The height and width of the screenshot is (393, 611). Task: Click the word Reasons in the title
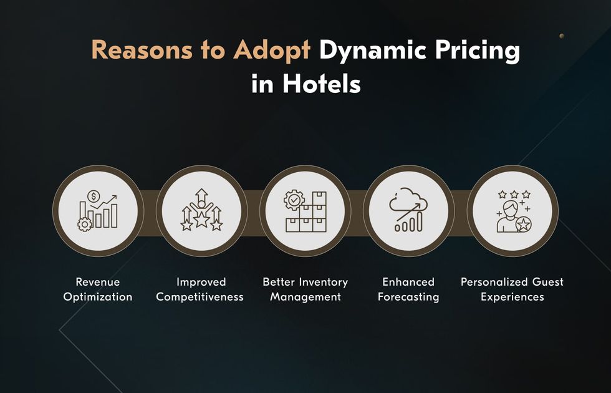(142, 51)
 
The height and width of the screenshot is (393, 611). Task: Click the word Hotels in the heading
(322, 83)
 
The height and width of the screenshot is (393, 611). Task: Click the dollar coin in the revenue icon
(94, 196)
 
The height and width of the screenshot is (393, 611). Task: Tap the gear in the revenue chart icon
(85, 224)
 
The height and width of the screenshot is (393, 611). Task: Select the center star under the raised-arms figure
(201, 220)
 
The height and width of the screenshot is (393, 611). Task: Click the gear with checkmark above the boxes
(294, 200)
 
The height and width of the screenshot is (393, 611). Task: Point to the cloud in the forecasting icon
(408, 200)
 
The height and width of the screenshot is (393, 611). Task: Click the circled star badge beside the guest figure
(523, 225)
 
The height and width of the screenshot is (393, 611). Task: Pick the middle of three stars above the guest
(514, 194)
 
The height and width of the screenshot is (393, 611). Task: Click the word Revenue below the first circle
(98, 282)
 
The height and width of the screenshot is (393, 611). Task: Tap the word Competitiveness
(200, 297)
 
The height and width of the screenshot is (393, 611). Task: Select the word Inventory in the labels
(323, 282)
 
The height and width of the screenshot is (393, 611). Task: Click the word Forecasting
(408, 297)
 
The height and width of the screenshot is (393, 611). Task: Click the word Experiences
(512, 297)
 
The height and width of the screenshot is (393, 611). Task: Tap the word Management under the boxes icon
(305, 297)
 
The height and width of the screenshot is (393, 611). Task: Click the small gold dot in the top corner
(562, 36)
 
